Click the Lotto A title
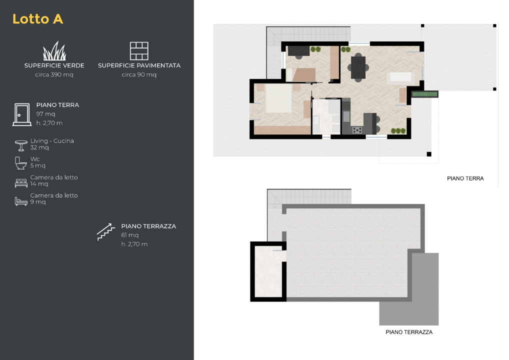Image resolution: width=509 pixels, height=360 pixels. pos(37,19)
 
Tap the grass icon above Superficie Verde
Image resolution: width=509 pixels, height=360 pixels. pos(54,51)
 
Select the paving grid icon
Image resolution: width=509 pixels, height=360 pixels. pos(139,51)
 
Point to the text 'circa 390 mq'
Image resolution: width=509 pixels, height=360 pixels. pos(54,75)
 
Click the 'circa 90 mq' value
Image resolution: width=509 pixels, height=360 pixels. pos(139,75)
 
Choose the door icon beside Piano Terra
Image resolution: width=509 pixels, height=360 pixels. pos(21,114)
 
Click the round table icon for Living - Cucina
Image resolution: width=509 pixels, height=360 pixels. pos(21,145)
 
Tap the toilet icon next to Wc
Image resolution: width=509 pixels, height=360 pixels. pos(21,163)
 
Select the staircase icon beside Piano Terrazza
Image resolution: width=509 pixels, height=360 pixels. pos(106,232)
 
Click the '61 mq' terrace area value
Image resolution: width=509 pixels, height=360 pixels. pos(130,235)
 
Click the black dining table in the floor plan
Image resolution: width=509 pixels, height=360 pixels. pos(358,67)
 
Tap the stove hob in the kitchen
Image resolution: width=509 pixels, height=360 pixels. pos(357,130)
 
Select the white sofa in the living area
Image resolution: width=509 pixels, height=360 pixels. pos(400,77)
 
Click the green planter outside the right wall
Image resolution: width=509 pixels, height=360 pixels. pos(424,93)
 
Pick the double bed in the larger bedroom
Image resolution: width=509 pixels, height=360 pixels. pos(278,98)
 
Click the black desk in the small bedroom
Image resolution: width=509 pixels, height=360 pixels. pos(299,50)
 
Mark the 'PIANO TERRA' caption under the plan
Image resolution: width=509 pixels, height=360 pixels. pos(465,178)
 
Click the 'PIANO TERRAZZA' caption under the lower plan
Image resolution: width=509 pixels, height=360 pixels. pos(409,332)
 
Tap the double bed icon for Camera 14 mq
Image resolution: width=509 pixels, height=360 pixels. pos(21,183)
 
